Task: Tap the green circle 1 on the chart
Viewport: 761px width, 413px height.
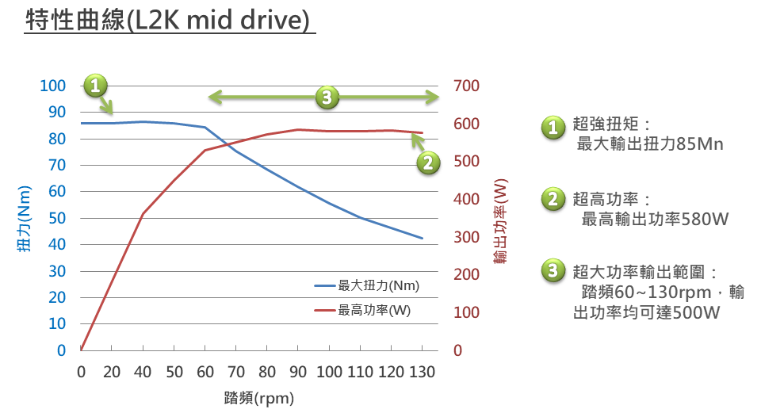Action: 95,85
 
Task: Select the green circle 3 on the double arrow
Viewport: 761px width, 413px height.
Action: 327,98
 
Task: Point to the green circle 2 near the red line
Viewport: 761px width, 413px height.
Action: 428,163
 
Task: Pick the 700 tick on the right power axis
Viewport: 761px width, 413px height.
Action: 466,86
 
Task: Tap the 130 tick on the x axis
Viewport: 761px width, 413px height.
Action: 422,371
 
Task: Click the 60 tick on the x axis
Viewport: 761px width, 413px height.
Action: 205,371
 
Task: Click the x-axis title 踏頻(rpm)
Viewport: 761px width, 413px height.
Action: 259,396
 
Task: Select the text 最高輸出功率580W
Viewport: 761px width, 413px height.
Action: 655,219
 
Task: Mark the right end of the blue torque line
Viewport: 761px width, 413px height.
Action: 422,238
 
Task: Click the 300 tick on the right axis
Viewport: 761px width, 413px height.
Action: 466,237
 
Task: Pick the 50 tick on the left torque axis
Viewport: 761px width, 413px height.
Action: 57,218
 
